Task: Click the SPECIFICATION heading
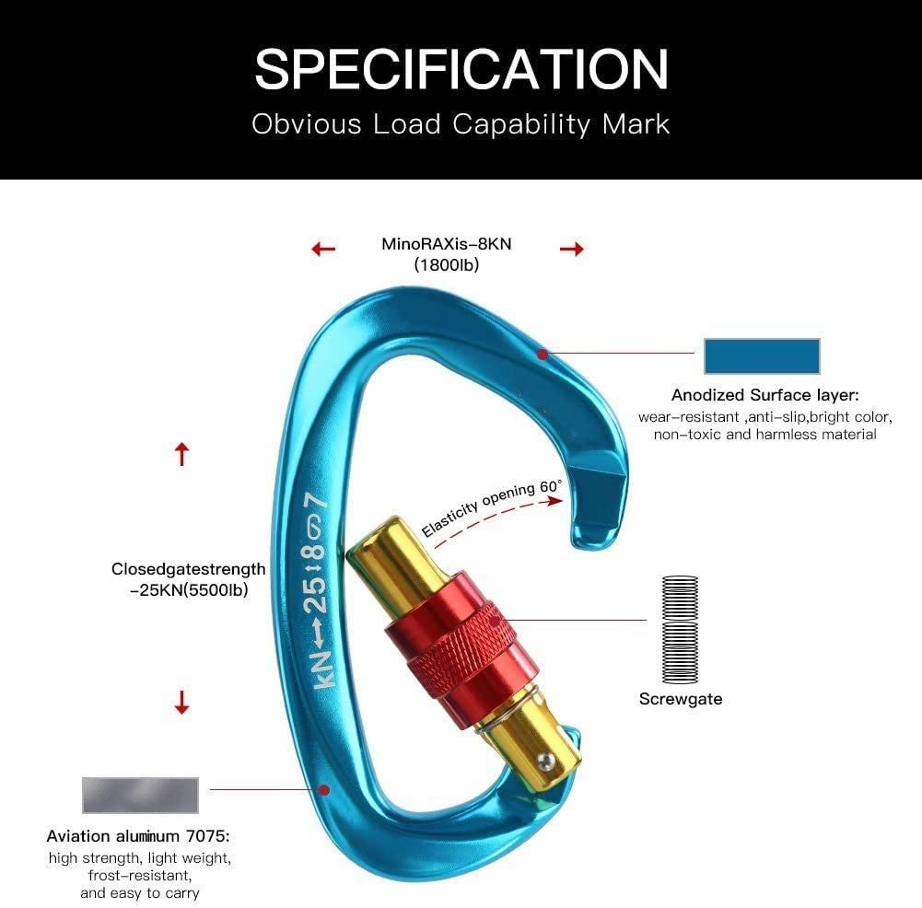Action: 461,69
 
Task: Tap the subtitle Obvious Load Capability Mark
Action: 461,124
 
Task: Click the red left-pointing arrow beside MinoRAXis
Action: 323,250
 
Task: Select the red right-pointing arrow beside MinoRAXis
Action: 572,250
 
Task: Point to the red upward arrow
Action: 182,454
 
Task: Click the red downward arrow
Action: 182,703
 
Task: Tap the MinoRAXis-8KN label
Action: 447,244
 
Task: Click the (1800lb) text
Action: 447,265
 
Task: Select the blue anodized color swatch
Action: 762,356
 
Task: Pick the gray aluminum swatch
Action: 140,795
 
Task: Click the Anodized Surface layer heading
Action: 765,395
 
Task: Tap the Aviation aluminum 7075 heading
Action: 138,836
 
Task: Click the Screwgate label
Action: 681,699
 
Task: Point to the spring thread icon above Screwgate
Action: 681,629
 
